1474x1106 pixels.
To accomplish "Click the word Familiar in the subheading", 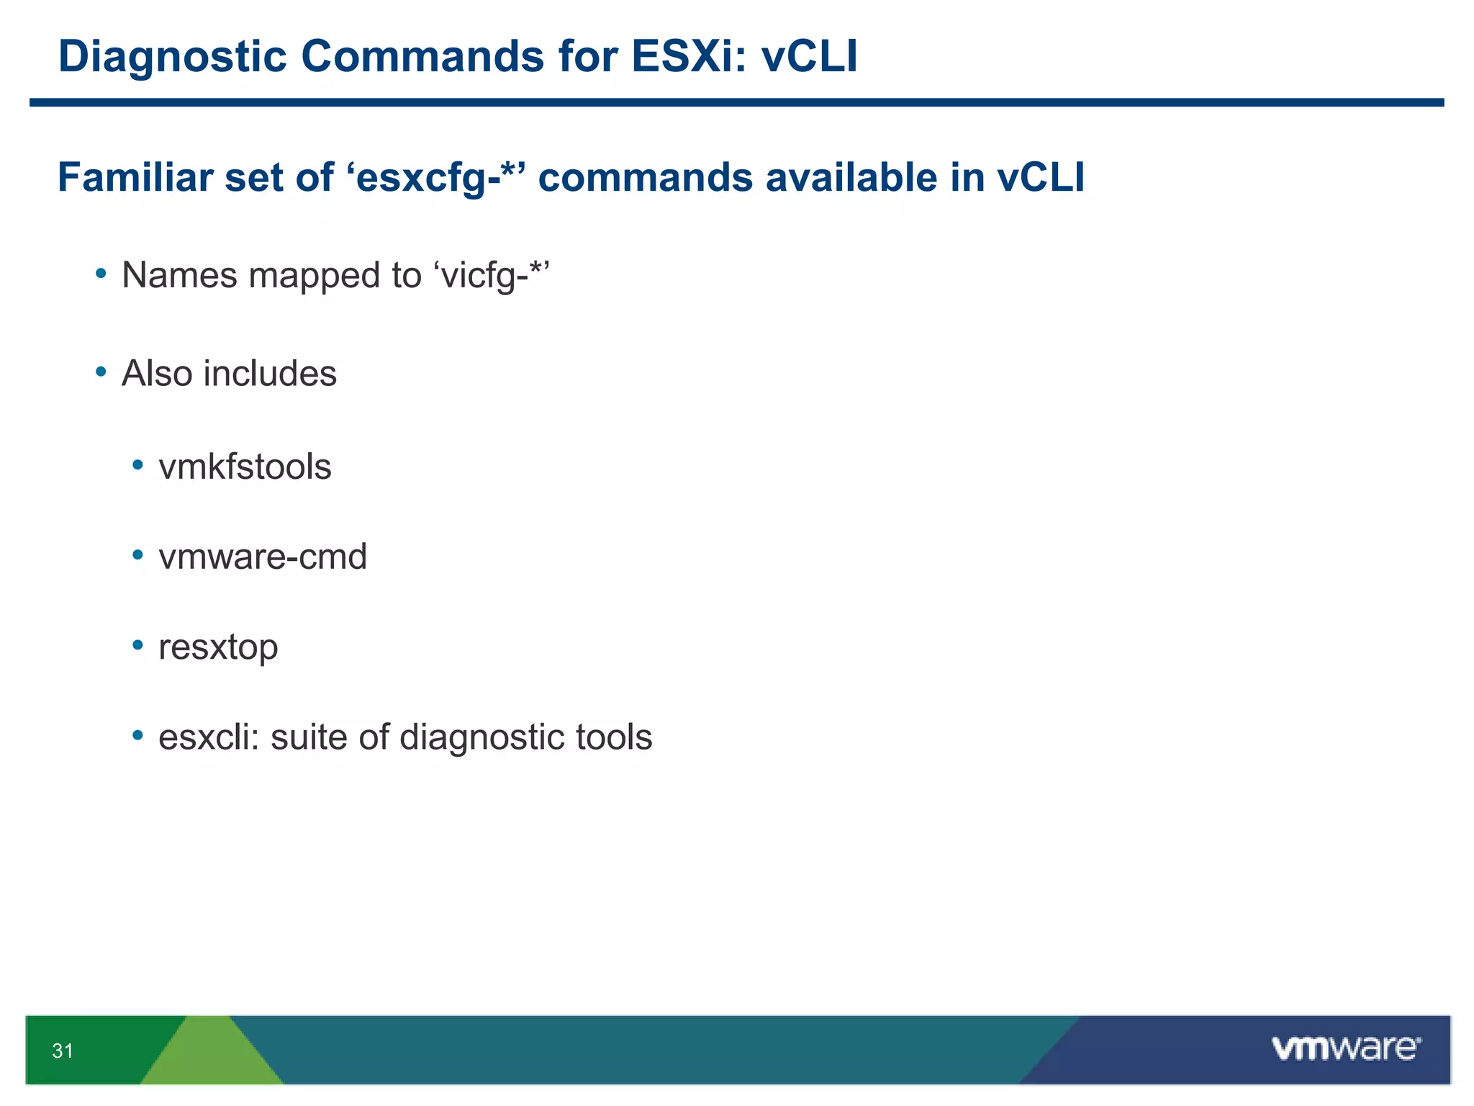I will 135,177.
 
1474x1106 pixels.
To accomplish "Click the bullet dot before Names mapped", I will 101,274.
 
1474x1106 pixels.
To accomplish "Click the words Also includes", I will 229,373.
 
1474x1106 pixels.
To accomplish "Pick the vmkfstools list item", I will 245,467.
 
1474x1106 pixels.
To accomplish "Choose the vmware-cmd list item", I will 263,557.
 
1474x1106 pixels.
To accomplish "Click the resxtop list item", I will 218,647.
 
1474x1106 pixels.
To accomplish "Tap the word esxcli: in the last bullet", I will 208,737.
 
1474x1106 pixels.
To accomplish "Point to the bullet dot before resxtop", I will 138,645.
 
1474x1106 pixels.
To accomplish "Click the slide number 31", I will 63,1051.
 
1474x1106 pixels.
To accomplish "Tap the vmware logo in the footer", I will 1346,1048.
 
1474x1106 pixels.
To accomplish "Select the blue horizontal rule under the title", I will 737,103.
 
